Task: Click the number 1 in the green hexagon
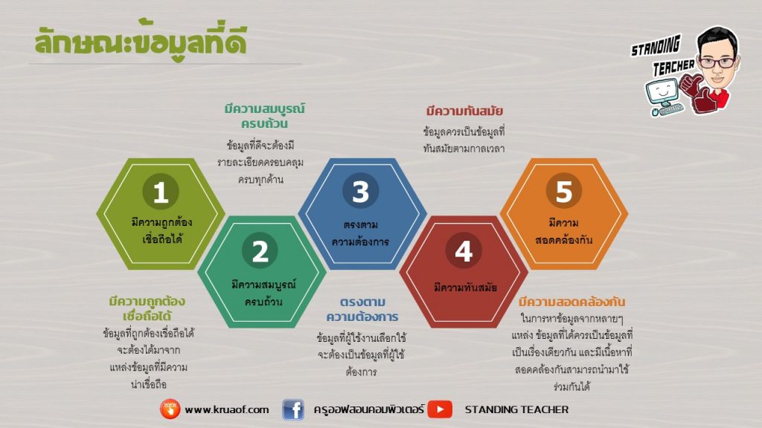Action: click(x=161, y=191)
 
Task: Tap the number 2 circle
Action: click(x=260, y=250)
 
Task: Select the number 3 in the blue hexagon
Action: click(x=361, y=191)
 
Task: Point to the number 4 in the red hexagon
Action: click(x=464, y=250)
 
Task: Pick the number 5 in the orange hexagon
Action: click(x=564, y=191)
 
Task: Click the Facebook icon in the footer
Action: click(x=293, y=409)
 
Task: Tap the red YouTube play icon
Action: click(x=440, y=409)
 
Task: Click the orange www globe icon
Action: click(x=170, y=409)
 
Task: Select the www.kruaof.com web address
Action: click(x=226, y=409)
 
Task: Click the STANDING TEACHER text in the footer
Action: click(x=516, y=409)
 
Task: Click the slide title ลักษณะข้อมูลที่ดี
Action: click(x=141, y=41)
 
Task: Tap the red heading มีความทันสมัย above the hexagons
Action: click(x=464, y=111)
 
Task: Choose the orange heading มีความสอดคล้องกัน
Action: click(x=571, y=302)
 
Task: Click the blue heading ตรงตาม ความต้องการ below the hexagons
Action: click(x=362, y=309)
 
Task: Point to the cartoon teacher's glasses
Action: click(x=718, y=62)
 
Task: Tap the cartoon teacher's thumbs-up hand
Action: click(x=691, y=85)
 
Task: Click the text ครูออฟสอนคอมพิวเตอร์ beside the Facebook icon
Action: click(x=368, y=409)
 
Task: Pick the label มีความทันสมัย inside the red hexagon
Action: click(x=465, y=288)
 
